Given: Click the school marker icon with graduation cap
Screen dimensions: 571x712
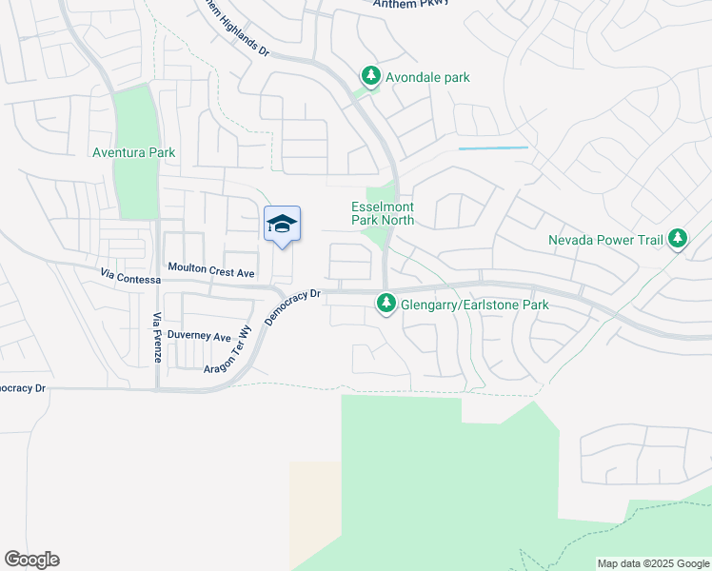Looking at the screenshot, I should pyautogui.click(x=282, y=225).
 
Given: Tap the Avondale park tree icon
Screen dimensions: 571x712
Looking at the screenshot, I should pyautogui.click(x=370, y=76).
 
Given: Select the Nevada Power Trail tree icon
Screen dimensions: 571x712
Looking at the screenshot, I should pyautogui.click(x=678, y=238).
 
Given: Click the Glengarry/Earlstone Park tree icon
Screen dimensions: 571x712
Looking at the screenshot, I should pyautogui.click(x=386, y=304).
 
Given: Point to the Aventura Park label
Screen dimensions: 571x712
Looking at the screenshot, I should pyautogui.click(x=134, y=152).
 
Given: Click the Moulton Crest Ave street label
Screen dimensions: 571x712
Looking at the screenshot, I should pyautogui.click(x=210, y=273).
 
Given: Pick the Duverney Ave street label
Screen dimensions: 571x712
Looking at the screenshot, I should pyautogui.click(x=199, y=337).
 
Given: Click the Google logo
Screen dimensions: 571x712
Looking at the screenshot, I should pyautogui.click(x=31, y=560).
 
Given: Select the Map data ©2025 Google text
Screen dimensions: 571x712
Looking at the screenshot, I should pyautogui.click(x=652, y=563).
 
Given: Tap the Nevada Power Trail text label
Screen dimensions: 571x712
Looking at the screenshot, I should pyautogui.click(x=605, y=240).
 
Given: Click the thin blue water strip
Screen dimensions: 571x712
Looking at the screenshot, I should pyautogui.click(x=493, y=148).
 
